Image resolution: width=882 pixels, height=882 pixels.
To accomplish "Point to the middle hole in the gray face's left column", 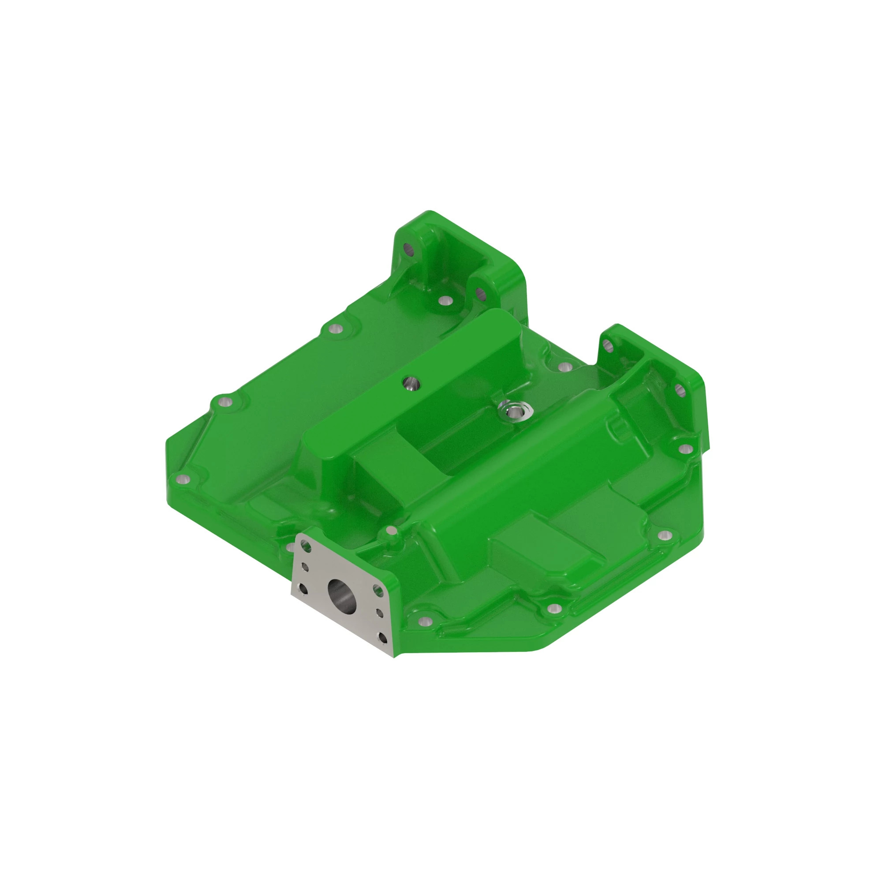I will (306, 568).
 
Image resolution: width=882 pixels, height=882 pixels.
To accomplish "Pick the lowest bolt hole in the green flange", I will (425, 621).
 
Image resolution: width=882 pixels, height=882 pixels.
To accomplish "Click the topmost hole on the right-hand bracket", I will (607, 346).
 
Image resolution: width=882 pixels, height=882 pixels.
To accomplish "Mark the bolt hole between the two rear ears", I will (445, 301).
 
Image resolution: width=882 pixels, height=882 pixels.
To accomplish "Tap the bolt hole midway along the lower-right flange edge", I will (554, 608).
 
